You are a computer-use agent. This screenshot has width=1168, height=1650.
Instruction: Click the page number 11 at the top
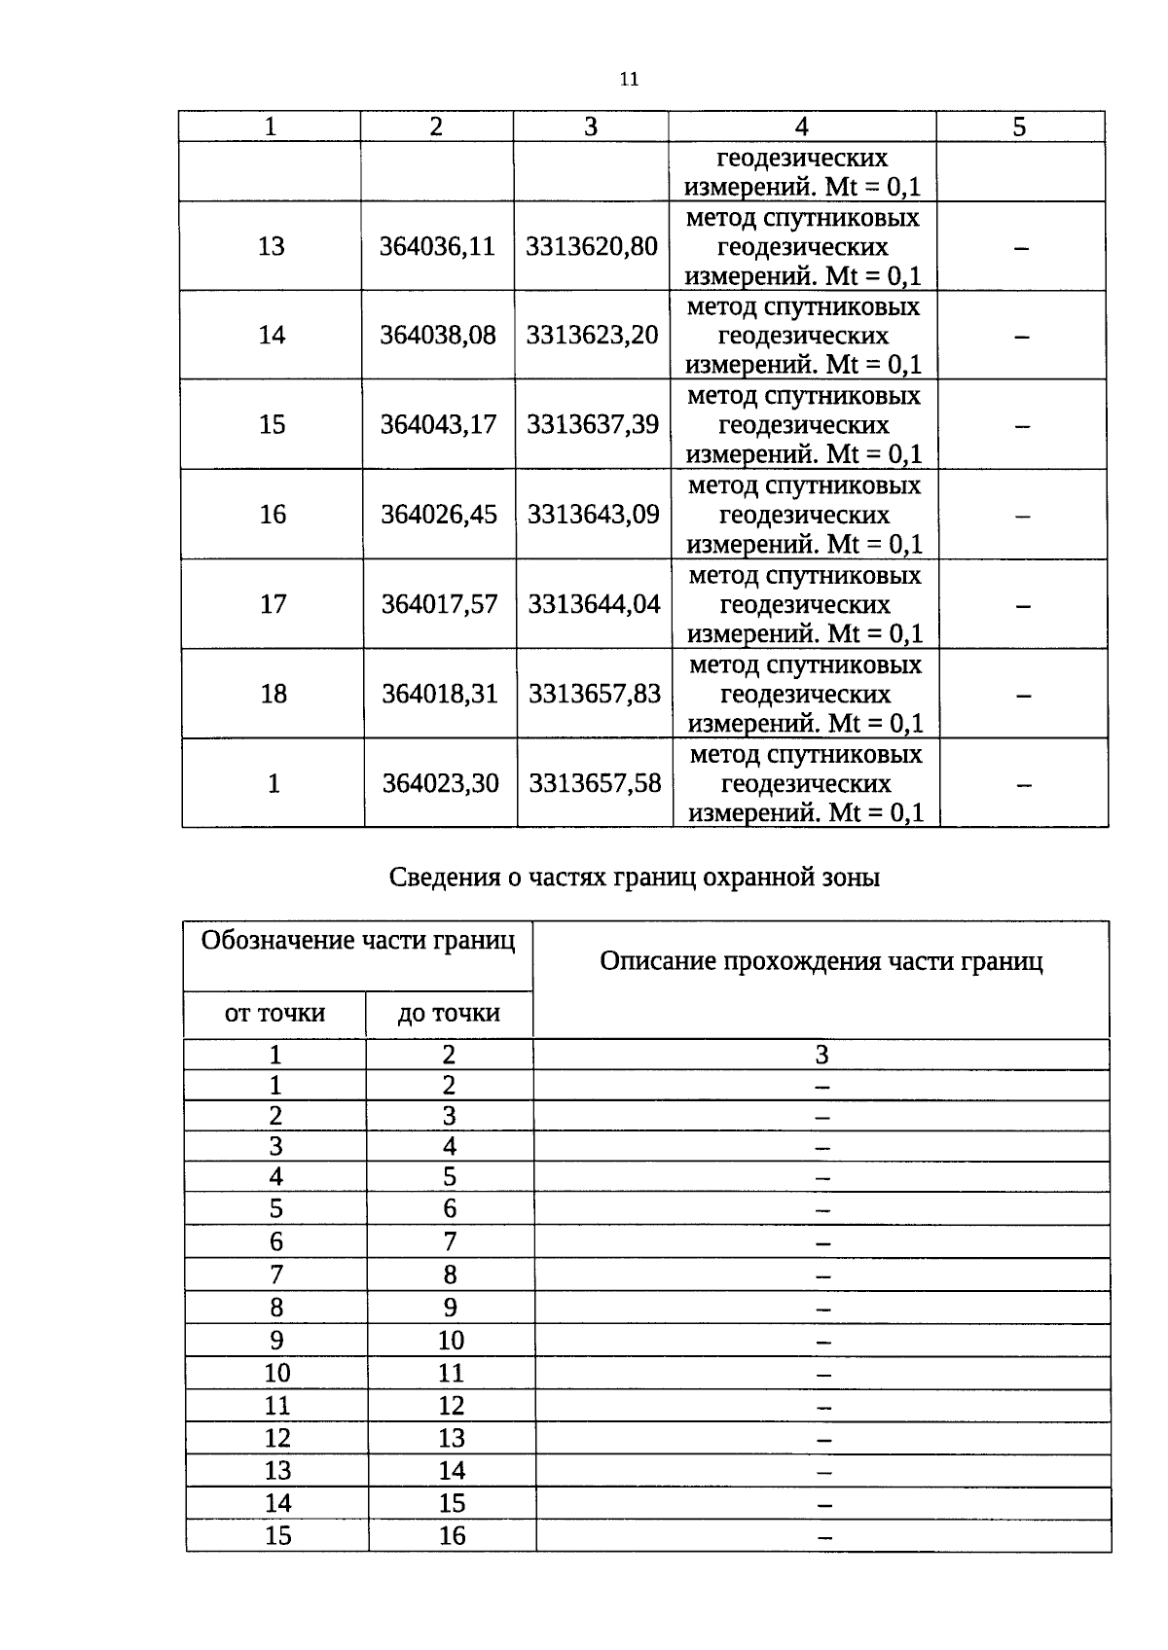pos(629,80)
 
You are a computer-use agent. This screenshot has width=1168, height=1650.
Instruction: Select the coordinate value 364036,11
pos(437,246)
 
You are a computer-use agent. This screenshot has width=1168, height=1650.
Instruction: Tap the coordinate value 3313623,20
pos(592,336)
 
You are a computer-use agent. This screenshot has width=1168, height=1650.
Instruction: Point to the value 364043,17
pos(438,425)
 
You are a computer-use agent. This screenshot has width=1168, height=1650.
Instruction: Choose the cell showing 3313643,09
pos(593,515)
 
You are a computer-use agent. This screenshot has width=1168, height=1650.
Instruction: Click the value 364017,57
pos(439,604)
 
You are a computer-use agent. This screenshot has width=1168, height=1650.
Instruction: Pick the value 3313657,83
pos(594,694)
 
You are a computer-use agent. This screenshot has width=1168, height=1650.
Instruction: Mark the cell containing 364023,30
pos(440,783)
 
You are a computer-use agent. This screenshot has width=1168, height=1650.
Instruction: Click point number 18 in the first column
pos(274,694)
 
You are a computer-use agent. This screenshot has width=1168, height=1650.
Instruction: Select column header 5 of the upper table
pos(1019,127)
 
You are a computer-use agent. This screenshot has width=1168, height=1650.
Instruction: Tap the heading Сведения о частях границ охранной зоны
pos(635,878)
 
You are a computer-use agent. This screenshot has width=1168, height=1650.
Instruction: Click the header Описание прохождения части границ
pos(821,962)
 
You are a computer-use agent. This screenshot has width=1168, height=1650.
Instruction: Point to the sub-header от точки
pos(274,1014)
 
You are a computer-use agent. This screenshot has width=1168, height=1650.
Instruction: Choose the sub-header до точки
pos(449,1014)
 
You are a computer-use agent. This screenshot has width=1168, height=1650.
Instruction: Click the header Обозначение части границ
pos(358,942)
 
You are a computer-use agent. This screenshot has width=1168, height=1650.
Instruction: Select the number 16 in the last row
pos(452,1536)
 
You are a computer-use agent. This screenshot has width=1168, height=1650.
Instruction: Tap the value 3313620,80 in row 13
pos(592,246)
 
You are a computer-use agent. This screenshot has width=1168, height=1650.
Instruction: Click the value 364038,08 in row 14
pos(437,336)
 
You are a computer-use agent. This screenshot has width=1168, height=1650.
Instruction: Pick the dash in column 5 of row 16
pos(1022,517)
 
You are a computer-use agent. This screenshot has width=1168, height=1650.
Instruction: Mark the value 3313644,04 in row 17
pos(594,604)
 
